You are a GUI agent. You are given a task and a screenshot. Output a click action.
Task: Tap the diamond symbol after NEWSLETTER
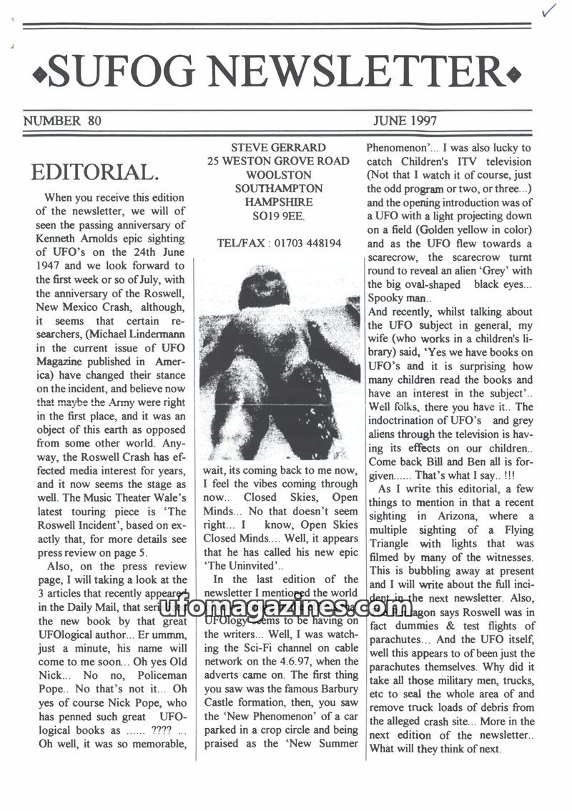pos(513,74)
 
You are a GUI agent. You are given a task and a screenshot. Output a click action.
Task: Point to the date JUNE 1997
pos(404,121)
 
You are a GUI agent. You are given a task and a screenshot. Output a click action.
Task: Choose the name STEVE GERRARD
pos(278,148)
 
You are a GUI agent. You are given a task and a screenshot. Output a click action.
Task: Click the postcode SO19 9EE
pos(278,216)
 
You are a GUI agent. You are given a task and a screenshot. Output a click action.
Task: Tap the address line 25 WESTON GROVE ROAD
pos(278,161)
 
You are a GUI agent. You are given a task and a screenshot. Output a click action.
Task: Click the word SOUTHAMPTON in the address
pos(278,189)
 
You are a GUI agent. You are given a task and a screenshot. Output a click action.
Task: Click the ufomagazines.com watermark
pos(281,608)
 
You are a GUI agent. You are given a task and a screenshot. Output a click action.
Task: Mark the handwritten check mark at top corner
pos(549,10)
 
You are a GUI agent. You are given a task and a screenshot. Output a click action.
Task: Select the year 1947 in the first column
pos(51,265)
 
